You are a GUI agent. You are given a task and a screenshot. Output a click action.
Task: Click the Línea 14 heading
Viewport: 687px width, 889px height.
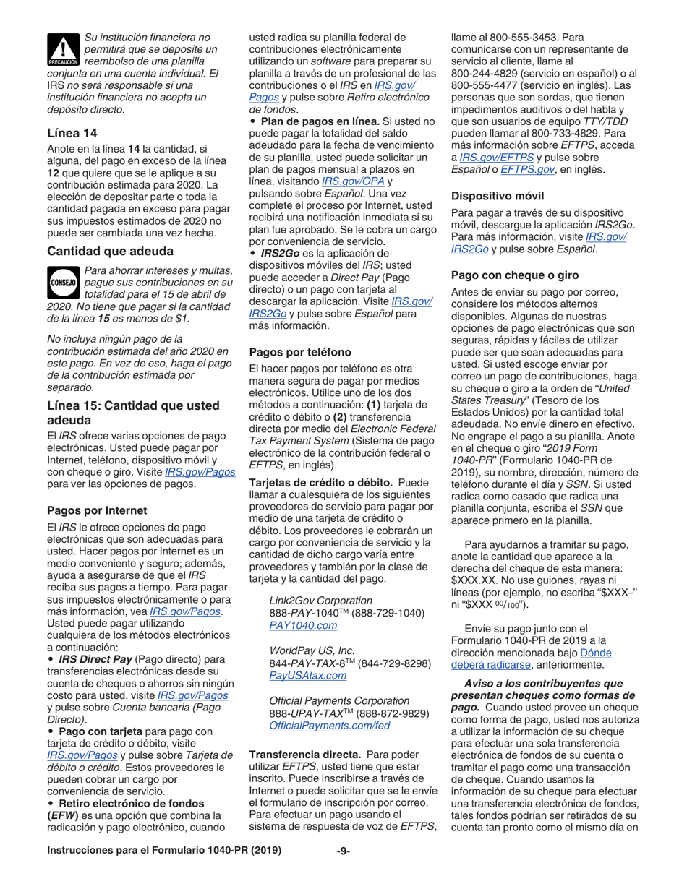point(72,132)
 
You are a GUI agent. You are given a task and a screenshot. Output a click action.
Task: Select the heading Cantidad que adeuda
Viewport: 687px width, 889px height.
point(110,251)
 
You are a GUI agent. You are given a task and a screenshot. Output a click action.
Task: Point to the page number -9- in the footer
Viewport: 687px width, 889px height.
point(343,869)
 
